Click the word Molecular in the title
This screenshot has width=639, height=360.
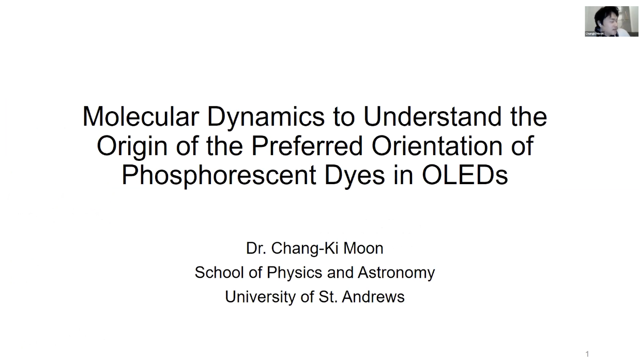click(x=141, y=116)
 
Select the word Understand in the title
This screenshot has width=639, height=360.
click(x=432, y=116)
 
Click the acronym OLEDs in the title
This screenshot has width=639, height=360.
click(x=465, y=175)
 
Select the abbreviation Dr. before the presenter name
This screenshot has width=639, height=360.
click(x=256, y=248)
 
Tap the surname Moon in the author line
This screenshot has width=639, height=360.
click(x=363, y=248)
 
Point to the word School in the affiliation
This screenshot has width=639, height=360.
click(x=219, y=273)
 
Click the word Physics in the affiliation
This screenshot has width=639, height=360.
click(x=294, y=273)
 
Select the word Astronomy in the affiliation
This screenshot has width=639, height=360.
click(x=397, y=273)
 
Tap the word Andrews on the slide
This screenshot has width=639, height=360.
click(x=373, y=296)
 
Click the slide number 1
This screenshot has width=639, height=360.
click(x=587, y=354)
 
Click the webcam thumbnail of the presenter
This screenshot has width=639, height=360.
click(x=611, y=21)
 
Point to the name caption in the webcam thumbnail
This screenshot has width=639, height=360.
click(x=594, y=34)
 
